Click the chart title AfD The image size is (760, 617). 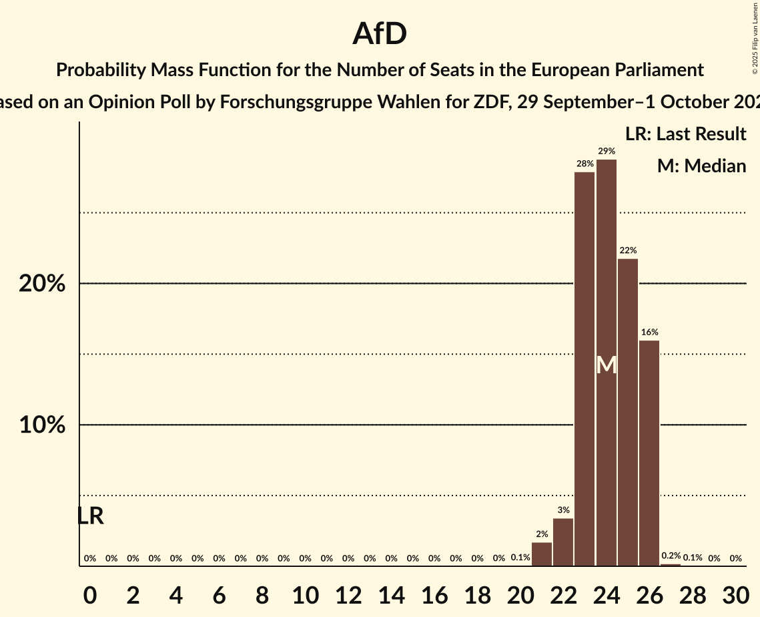380,34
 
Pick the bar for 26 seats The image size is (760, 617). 649,453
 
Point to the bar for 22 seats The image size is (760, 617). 563,542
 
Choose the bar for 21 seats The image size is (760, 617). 542,554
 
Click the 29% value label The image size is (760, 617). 607,152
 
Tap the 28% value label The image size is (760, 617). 585,164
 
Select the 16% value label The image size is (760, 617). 649,333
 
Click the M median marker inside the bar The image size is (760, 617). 607,365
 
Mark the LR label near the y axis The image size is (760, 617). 90,516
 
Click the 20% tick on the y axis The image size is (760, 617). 42,284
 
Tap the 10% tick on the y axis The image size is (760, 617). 42,425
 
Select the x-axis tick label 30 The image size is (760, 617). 735,594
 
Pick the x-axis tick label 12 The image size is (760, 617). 348,594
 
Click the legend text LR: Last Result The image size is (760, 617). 685,134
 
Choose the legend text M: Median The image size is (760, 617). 701,166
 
